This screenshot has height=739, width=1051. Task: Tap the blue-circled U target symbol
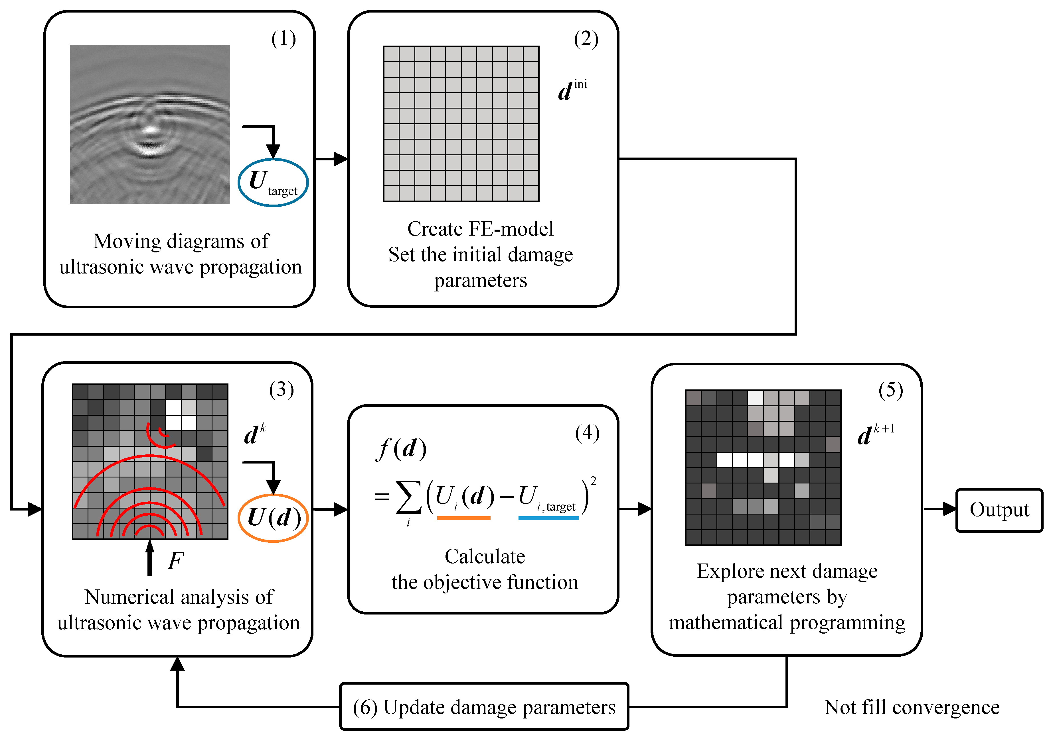273,182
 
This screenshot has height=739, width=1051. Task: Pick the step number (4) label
587,433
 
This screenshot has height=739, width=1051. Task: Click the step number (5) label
890,390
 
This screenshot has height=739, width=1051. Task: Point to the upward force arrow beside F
150,558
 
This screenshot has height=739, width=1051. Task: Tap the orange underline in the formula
464,518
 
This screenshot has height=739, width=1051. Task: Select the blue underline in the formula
548,518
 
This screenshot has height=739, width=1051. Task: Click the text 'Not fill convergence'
911,707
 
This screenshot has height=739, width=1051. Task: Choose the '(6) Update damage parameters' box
484,707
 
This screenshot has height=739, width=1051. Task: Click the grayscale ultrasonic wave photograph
150,124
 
